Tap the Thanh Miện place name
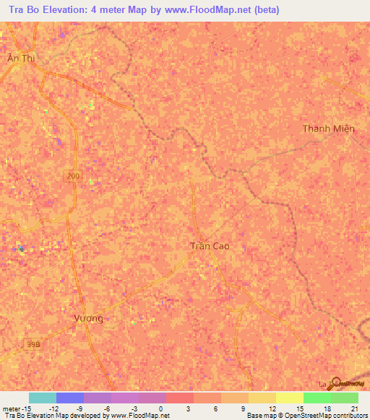[x=329, y=128]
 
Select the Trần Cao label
[x=210, y=246]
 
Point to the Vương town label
[x=89, y=318]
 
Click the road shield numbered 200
[x=73, y=176]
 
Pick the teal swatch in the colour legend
[x=42, y=398]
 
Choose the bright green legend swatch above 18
[x=317, y=398]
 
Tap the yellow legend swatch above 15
[x=289, y=398]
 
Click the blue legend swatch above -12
[x=69, y=398]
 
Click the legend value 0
[x=160, y=408]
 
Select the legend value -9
[x=79, y=408]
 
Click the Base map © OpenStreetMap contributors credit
[x=308, y=416]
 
